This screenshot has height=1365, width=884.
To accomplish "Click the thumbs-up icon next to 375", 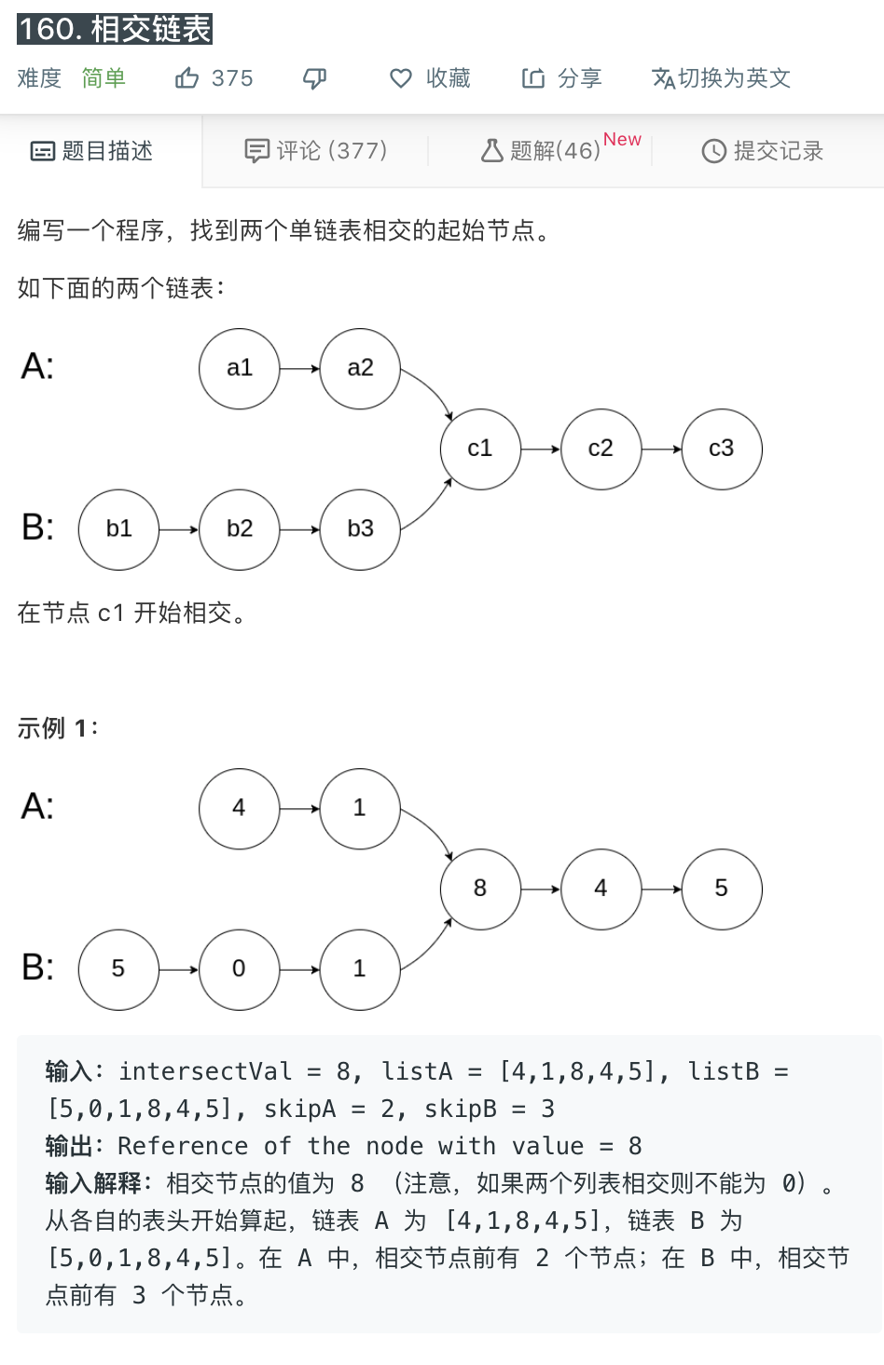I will (186, 78).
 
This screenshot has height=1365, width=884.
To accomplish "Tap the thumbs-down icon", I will (315, 78).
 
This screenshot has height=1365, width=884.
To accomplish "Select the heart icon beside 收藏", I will (401, 78).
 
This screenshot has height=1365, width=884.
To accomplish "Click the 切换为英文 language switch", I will (722, 78).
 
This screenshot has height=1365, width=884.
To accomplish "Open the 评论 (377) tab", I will (316, 151).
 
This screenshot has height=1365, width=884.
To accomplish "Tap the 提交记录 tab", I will (763, 151).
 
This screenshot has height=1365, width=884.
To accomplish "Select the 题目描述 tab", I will (92, 151).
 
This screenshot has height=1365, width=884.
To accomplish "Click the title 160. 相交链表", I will (115, 29).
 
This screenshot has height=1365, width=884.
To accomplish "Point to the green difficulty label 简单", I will (104, 78).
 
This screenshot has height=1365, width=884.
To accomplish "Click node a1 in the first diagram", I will (240, 368).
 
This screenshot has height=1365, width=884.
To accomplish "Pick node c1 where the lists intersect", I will (480, 448).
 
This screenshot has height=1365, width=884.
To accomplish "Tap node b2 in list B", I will (240, 529).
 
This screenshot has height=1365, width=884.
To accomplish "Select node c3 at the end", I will (722, 448).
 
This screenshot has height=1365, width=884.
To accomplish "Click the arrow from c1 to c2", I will (541, 449).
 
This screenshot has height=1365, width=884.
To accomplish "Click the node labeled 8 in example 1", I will (480, 889).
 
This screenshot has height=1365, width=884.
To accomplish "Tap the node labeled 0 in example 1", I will (240, 969).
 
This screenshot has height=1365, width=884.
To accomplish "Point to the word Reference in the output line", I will (183, 1146).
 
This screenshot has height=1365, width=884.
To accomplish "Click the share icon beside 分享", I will (533, 78).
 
